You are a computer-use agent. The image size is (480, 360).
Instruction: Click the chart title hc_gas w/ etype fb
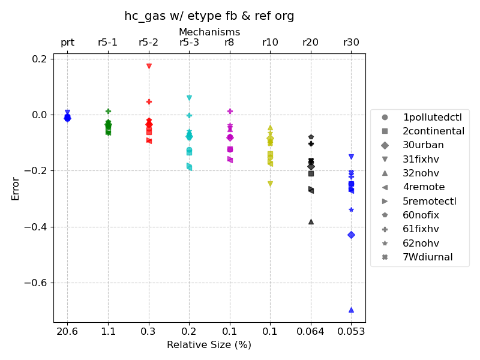click(x=209, y=16)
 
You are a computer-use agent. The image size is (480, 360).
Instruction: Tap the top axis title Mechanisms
click(x=209, y=32)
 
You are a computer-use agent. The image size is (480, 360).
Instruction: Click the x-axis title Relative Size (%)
click(x=209, y=344)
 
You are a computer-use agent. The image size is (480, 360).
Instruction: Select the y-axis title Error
click(x=16, y=188)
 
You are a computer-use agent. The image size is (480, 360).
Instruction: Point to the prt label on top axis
click(x=67, y=43)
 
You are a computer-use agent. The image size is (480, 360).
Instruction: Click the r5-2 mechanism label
click(x=148, y=43)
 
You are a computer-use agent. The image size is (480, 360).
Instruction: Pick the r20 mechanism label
click(x=310, y=43)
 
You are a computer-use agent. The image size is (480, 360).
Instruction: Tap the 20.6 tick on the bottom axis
click(x=67, y=331)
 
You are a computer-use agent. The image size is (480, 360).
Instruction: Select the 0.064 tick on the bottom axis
click(x=310, y=331)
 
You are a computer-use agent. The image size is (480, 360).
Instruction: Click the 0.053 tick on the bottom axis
click(x=351, y=331)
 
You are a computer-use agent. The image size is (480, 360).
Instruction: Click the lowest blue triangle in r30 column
click(x=351, y=310)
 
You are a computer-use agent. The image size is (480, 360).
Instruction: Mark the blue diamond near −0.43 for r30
click(x=351, y=235)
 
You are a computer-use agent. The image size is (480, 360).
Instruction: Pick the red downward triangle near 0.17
click(x=149, y=66)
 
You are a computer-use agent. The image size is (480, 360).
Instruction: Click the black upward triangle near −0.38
click(x=311, y=221)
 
